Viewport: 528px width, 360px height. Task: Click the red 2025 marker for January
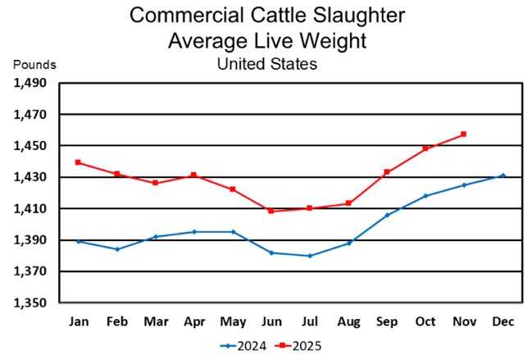coord(78,162)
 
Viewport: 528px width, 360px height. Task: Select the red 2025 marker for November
coord(464,134)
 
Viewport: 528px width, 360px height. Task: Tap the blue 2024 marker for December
coord(503,175)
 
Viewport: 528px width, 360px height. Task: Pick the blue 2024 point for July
coord(310,256)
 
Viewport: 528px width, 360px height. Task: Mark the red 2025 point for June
coord(271,211)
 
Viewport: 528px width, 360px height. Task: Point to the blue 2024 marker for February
coord(117,249)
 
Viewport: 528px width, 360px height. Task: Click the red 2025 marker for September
coord(387,172)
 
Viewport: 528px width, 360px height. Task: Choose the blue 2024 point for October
coord(426,195)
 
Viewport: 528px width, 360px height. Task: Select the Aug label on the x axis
coord(348,321)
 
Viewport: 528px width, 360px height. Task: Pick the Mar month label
coord(156,321)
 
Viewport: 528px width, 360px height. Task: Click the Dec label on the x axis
coord(503,321)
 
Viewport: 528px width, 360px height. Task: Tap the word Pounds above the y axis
coord(34,64)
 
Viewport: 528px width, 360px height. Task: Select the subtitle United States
coord(266,62)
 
